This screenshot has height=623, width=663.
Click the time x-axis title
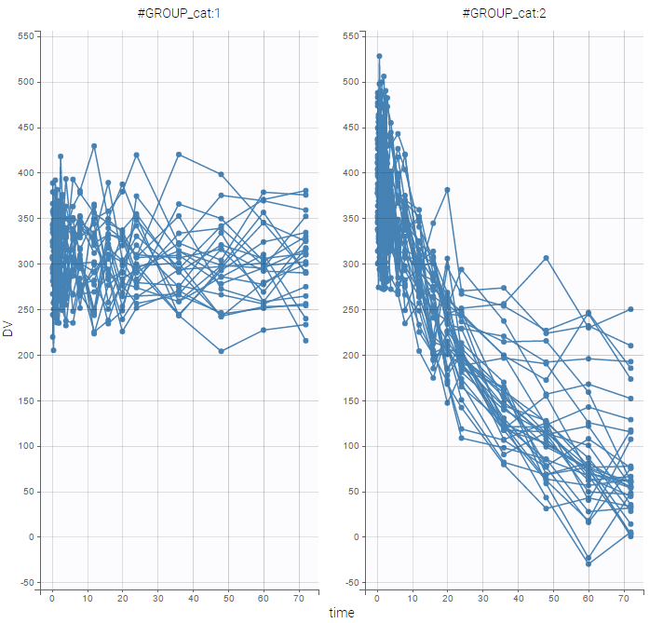pos(341,613)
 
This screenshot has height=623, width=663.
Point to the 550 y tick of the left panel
pos(26,36)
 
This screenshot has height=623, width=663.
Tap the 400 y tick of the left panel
pos(26,173)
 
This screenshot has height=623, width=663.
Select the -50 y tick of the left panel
pos(26,583)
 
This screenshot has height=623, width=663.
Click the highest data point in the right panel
pos(379,57)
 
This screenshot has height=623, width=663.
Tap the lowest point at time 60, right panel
pos(589,563)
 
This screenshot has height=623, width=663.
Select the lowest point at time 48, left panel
pos(221,351)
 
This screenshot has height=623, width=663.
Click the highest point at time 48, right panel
pos(547,258)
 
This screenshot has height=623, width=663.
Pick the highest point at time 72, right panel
pos(630,309)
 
